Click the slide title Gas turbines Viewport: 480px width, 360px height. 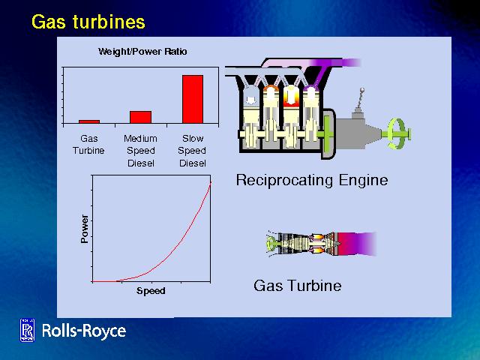click(88, 22)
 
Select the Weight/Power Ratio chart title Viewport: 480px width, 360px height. click(142, 52)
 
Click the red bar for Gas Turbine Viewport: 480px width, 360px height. click(89, 121)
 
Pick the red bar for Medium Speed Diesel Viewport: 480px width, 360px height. click(140, 116)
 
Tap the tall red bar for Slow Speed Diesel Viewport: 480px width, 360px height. click(193, 98)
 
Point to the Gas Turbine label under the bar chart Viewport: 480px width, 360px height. click(89, 144)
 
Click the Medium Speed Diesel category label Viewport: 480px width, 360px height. click(140, 151)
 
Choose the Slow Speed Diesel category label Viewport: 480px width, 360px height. click(193, 151)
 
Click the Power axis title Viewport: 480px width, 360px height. click(84, 228)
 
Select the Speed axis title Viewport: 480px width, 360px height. click(151, 291)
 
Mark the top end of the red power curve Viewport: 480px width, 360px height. click(211, 182)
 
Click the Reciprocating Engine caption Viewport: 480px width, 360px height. click(311, 180)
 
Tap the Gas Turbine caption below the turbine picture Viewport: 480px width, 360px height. click(297, 286)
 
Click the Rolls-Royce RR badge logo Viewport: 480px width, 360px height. click(28, 331)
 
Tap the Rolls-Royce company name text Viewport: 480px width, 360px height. click(84, 331)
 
